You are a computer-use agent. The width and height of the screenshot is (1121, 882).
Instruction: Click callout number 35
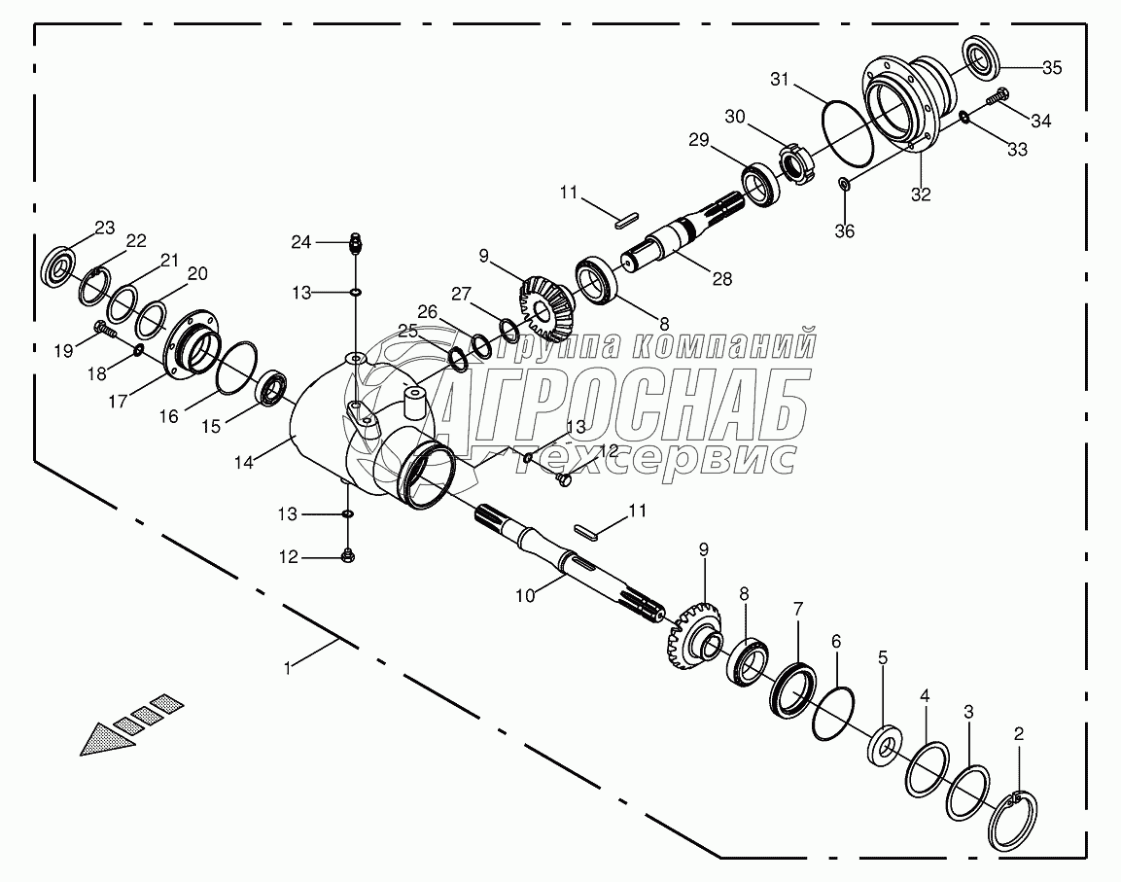click(x=1052, y=68)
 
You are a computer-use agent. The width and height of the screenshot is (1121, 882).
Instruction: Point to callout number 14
click(x=244, y=463)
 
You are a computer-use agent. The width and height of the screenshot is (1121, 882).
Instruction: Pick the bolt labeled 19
click(x=102, y=330)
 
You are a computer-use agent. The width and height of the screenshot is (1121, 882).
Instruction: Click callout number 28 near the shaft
click(x=720, y=279)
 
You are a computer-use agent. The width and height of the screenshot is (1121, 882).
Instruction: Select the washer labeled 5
click(x=884, y=745)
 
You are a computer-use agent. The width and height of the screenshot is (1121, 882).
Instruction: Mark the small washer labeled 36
click(x=844, y=184)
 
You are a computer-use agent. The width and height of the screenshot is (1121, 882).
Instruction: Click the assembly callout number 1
click(x=288, y=668)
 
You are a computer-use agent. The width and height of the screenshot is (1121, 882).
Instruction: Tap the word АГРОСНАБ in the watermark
click(x=622, y=406)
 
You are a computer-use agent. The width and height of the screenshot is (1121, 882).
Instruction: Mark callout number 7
click(x=797, y=610)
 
